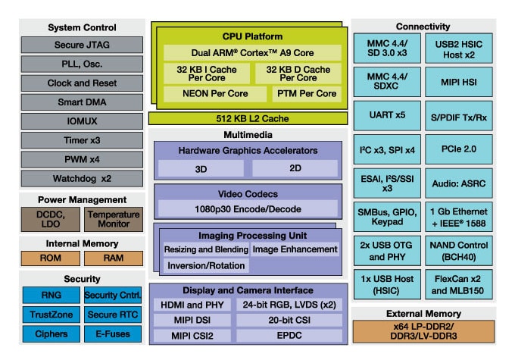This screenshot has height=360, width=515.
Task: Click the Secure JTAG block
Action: coord(81,45)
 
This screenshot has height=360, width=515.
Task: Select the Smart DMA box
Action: coord(81,102)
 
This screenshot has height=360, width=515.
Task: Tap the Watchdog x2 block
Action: coord(81,179)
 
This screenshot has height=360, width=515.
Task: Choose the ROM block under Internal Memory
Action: coord(50,258)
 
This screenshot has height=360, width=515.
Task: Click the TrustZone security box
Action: coord(50,315)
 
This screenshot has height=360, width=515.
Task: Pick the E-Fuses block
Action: coord(113,333)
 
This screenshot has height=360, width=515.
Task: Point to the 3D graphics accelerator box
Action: coord(202,168)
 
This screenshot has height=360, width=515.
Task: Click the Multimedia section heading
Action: coord(248,134)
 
